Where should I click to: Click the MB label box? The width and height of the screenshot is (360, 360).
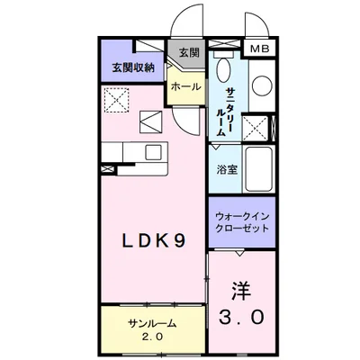(258, 49)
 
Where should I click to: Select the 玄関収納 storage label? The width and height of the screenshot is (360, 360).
(131, 67)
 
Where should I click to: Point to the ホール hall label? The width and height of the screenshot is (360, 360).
(185, 86)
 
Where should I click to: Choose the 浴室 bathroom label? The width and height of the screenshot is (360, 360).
(225, 168)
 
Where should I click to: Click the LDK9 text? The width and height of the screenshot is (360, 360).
(154, 241)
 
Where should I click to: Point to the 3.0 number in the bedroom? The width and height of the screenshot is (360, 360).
(241, 317)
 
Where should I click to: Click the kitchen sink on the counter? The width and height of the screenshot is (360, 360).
(153, 151)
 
